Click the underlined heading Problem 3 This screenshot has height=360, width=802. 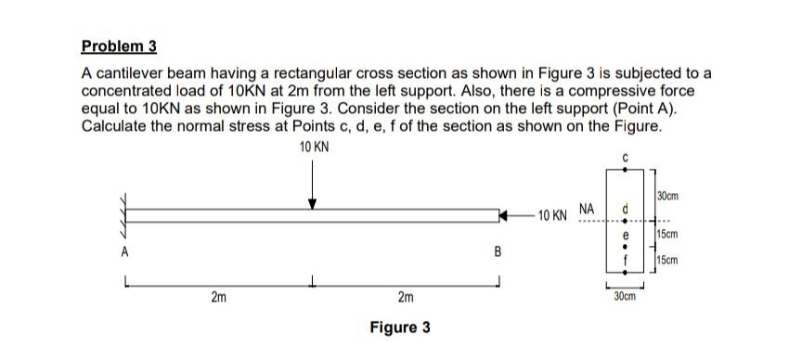coord(119,45)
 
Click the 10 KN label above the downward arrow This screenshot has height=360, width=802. coord(314,148)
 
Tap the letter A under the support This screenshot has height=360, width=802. coord(122,250)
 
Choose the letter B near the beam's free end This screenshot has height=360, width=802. coord(497,251)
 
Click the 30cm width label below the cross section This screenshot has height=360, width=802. coord(625,296)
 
